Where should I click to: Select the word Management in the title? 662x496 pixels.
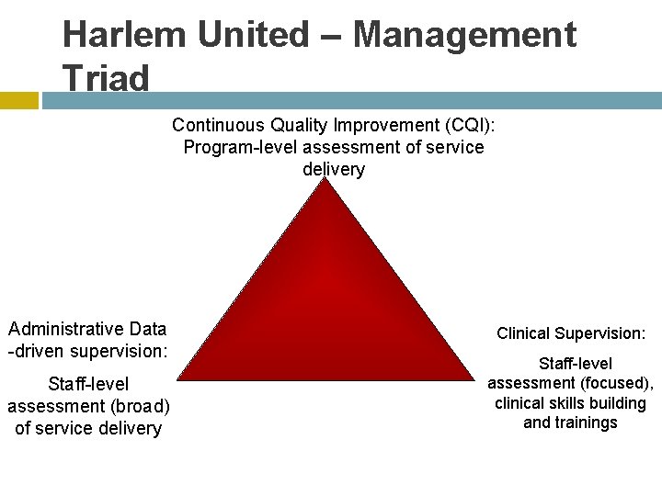point(464,35)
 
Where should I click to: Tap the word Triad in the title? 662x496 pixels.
point(105,78)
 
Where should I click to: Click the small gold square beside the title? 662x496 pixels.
point(18,100)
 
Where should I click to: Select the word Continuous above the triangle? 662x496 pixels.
point(218,124)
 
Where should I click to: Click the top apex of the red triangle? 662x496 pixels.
point(325,180)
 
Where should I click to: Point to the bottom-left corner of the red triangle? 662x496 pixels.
point(179,378)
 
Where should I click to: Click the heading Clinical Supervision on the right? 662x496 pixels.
point(571,333)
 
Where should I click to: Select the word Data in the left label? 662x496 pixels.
point(147,329)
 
